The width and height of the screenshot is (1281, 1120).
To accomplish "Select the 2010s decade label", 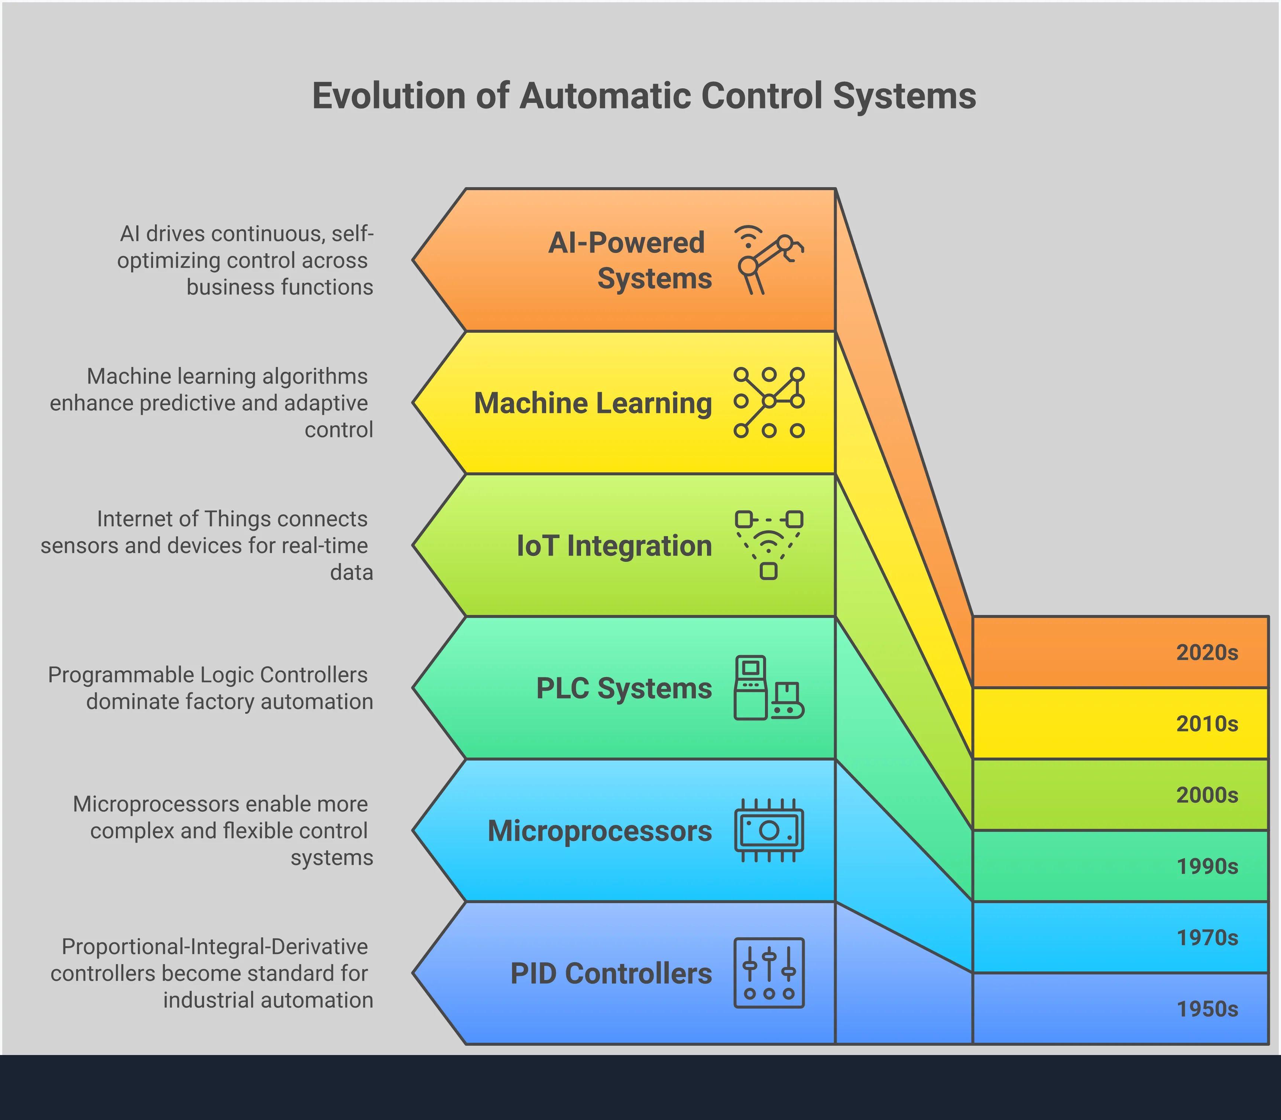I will point(1207,724).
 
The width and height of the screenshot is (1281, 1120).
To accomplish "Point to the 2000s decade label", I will point(1207,795).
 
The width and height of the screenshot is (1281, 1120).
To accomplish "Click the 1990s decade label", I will point(1207,866).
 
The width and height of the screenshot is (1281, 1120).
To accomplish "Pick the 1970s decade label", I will point(1207,938).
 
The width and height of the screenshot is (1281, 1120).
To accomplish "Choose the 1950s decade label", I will point(1207,1009).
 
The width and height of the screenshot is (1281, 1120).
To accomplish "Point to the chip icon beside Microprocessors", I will point(768,830).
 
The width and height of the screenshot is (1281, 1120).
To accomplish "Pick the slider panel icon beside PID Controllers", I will point(768,973).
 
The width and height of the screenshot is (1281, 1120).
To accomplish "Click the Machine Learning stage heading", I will point(593,403).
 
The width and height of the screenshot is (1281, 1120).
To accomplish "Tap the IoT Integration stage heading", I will point(614,546).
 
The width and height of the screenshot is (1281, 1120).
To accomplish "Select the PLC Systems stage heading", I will point(624,688).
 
